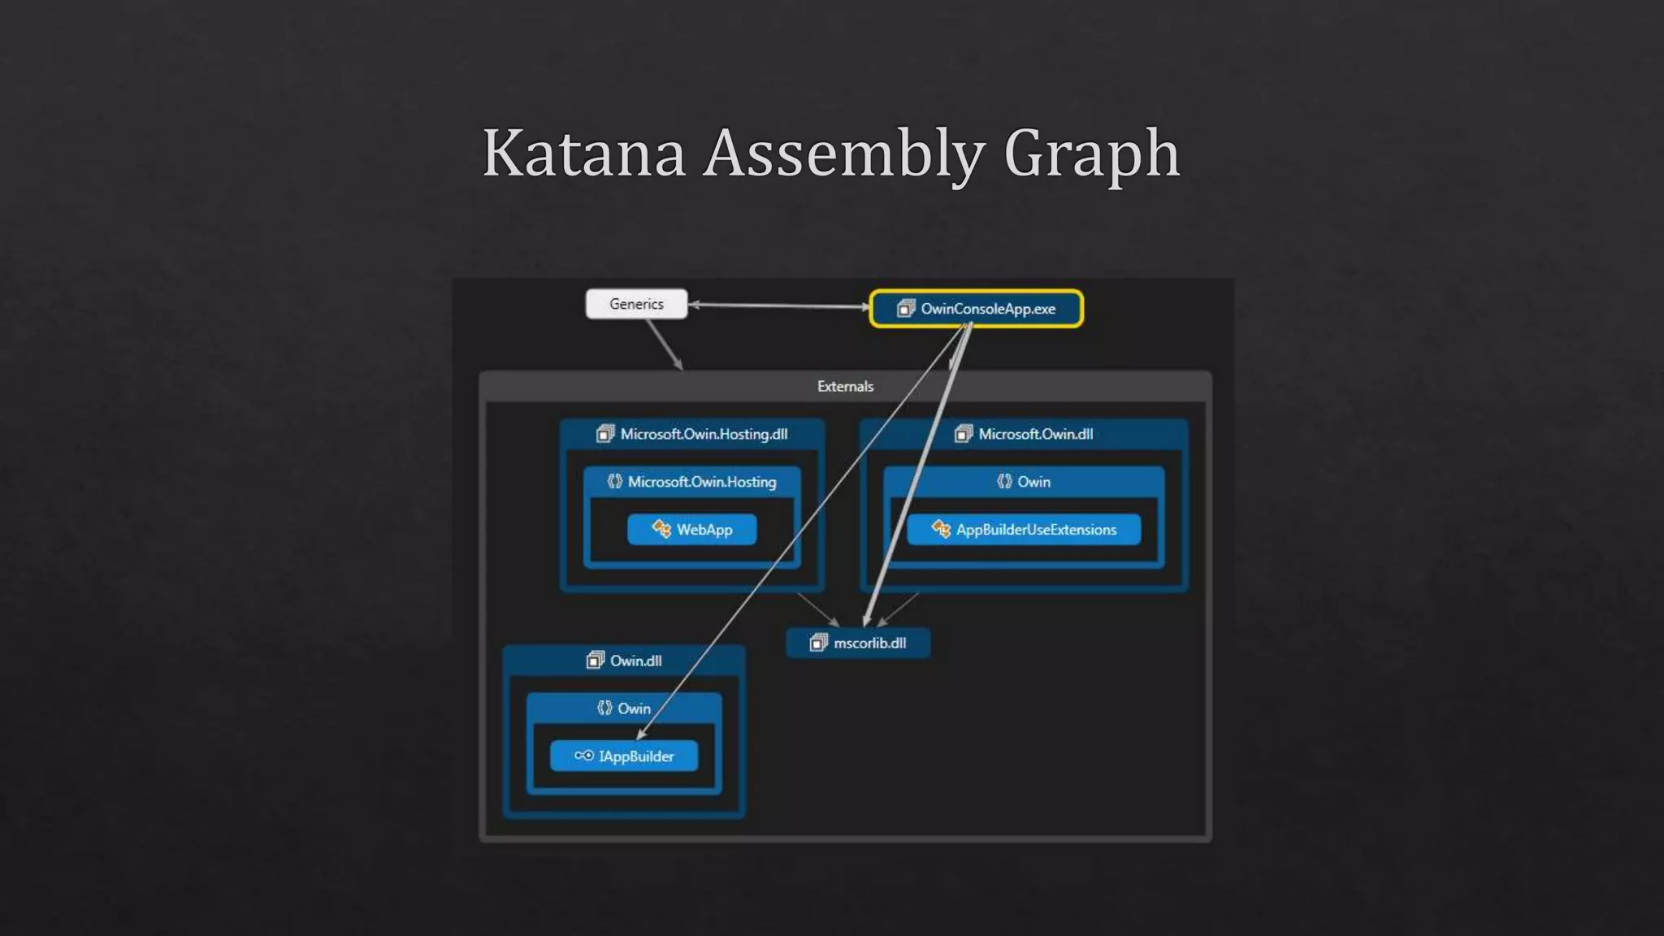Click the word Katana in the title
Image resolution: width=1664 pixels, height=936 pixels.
[584, 153]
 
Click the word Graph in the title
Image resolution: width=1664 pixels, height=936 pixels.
[1091, 153]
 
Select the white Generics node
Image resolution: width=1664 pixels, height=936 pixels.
[636, 304]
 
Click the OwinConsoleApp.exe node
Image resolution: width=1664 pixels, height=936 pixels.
[976, 309]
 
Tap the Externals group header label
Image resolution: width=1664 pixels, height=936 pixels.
[845, 387]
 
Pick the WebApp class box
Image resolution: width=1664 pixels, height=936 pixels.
[692, 530]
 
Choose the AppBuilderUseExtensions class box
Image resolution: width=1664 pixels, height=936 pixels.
[1024, 530]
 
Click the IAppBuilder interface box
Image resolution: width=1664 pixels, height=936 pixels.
[624, 756]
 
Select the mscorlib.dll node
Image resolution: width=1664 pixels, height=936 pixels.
[858, 643]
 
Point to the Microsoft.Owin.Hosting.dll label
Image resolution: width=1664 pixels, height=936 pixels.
[704, 434]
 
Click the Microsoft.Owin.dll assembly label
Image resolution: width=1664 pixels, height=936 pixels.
[1035, 434]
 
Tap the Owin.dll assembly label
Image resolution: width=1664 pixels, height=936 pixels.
[635, 661]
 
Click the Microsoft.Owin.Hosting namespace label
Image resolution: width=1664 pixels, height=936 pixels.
[702, 482]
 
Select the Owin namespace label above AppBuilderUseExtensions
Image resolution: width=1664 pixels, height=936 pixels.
[1033, 482]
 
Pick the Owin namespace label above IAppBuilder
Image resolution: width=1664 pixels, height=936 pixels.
[634, 708]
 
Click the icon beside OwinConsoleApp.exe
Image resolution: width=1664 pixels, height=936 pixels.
[905, 309]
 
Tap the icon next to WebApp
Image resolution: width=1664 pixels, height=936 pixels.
[661, 530]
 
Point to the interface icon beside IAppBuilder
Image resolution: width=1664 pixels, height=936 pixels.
[583, 756]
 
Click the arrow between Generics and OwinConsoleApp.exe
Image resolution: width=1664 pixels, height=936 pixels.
[778, 305]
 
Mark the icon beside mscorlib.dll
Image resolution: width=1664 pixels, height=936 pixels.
[818, 643]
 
